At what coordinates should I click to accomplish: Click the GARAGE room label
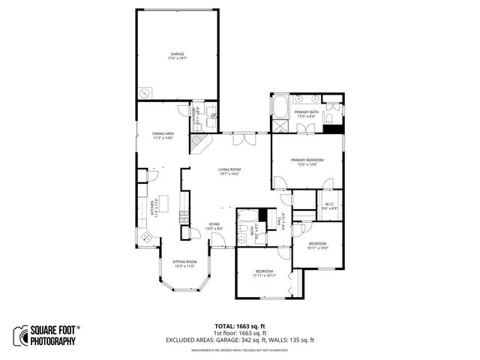(x=177, y=55)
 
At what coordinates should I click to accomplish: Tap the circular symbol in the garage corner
(x=145, y=92)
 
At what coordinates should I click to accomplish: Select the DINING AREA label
(x=163, y=133)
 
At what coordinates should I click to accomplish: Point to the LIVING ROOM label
(x=229, y=169)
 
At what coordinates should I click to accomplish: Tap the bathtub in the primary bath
(x=280, y=107)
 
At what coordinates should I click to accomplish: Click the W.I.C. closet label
(x=329, y=204)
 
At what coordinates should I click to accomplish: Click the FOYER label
(x=214, y=223)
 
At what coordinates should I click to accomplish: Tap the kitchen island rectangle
(x=164, y=203)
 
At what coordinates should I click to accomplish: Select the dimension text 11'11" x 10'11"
(x=264, y=275)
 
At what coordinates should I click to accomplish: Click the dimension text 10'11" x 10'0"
(x=319, y=248)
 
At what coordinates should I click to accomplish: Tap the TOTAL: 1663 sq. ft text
(x=240, y=325)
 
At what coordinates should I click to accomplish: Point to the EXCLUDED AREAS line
(x=240, y=340)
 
